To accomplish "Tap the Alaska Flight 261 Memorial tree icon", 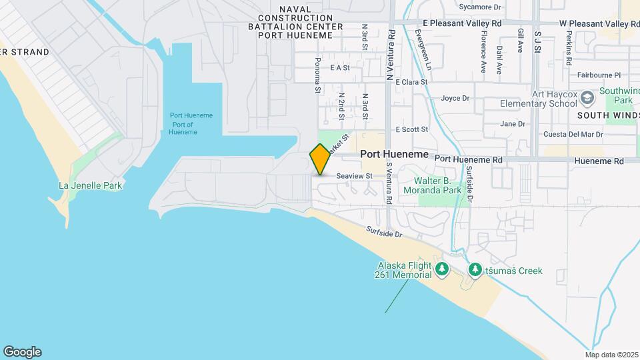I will pos(441,269).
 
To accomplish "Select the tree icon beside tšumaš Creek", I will pos(475,270).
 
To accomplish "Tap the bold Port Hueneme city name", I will pos(394,154).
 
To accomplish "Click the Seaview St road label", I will pos(353,176).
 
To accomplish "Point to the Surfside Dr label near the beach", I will pos(384,233).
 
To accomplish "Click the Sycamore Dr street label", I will pos(480,7).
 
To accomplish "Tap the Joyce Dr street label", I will pos(455,99).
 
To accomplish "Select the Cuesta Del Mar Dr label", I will pos(573,134).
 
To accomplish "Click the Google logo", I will pos(22,352).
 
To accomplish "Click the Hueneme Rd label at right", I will pos(600,161).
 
